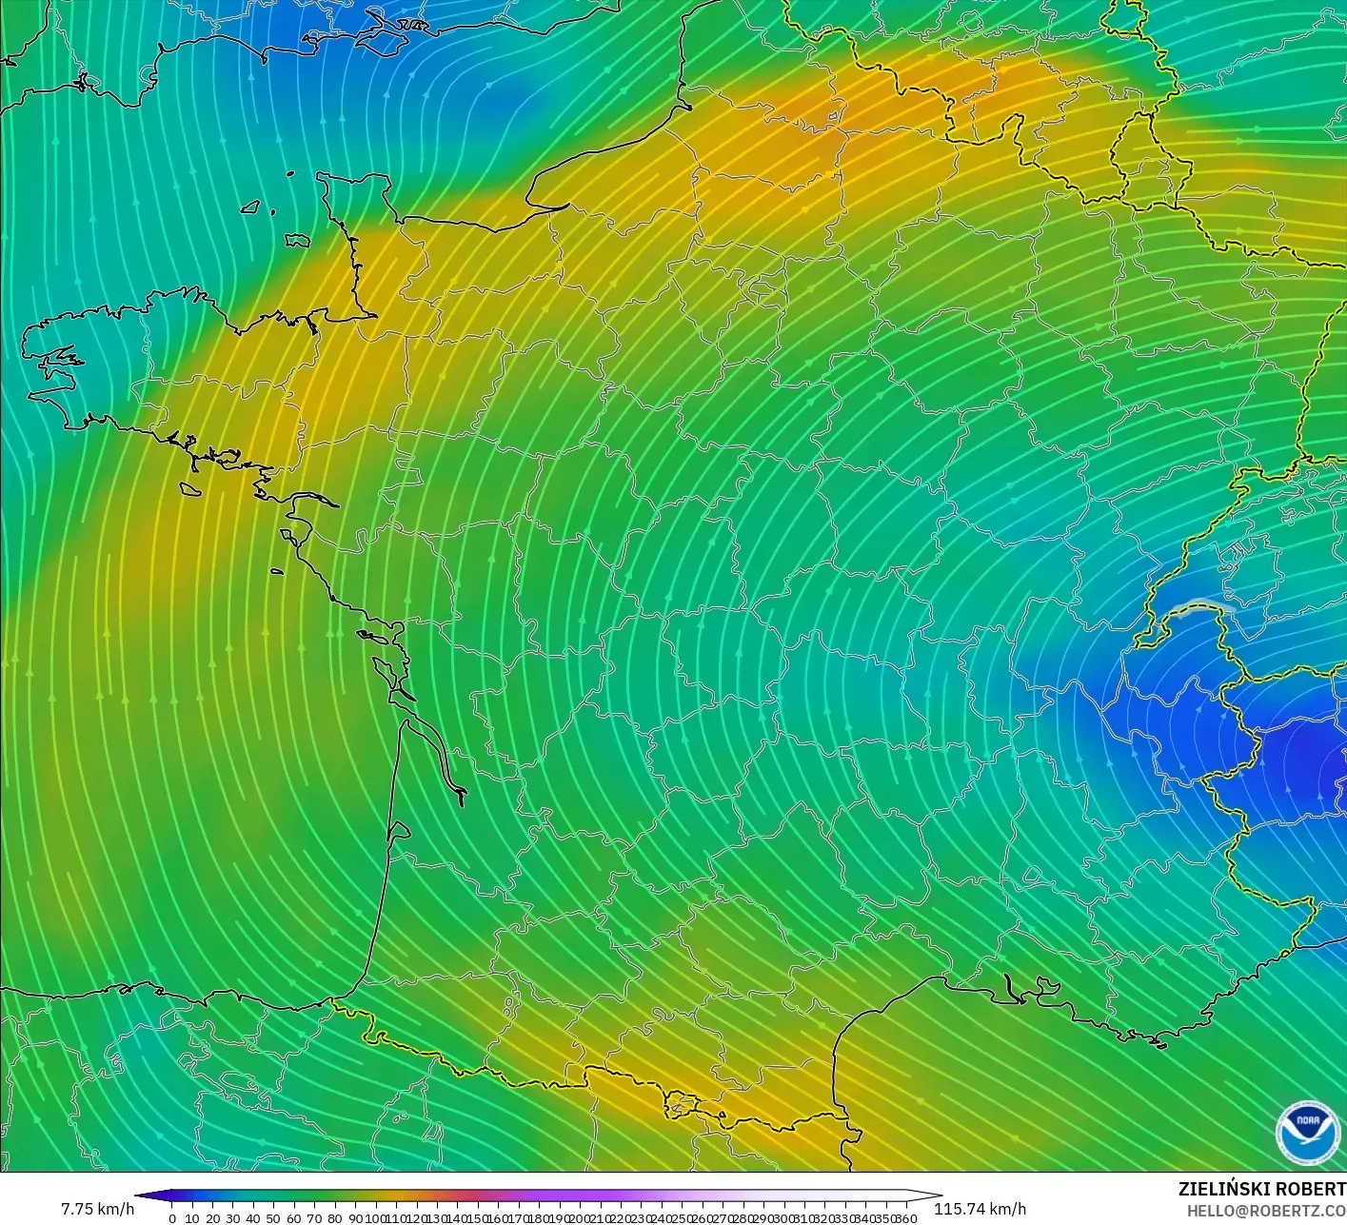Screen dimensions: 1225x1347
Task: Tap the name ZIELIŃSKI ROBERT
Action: click(1261, 1189)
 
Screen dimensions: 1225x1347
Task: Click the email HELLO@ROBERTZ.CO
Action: click(1259, 1209)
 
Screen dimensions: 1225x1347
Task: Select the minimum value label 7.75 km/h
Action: click(97, 1209)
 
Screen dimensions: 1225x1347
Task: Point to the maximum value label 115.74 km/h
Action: click(980, 1209)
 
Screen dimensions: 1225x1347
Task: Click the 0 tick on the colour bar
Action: click(172, 1217)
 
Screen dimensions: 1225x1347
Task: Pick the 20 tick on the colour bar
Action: click(212, 1217)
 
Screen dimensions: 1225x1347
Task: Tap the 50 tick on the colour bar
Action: click(273, 1217)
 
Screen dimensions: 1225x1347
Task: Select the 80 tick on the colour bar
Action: click(334, 1217)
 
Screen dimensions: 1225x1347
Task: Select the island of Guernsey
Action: click(251, 207)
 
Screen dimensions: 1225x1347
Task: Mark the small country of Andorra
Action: click(683, 1105)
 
